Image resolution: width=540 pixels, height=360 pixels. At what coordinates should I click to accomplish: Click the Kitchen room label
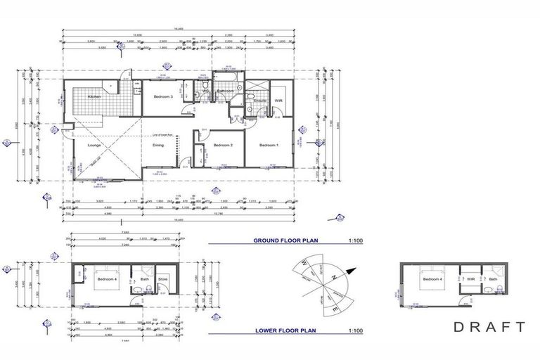point(94,96)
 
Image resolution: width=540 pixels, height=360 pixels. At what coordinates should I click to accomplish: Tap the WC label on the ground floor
point(205,91)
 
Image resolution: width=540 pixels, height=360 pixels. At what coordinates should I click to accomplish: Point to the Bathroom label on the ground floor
point(225,91)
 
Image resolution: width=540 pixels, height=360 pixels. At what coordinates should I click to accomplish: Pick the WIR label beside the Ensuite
point(278,101)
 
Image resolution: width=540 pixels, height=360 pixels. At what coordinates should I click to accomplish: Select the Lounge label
point(96,145)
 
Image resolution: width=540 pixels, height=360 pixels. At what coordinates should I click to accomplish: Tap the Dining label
point(158,145)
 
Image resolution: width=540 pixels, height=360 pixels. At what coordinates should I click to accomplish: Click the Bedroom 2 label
point(224,145)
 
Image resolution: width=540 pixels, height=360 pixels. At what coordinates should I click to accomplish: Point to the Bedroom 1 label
point(269,145)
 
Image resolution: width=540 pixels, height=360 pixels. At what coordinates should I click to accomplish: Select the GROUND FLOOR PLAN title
point(286,240)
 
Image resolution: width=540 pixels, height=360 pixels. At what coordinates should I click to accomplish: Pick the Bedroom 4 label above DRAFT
point(432,279)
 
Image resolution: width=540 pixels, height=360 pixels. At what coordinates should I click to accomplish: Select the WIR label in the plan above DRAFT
point(472,279)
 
